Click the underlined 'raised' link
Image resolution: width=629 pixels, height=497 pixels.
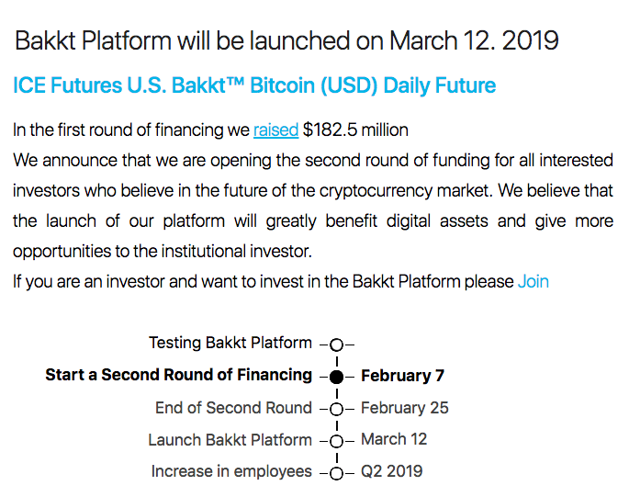click(276, 130)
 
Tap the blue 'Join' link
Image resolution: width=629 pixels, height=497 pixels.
click(534, 281)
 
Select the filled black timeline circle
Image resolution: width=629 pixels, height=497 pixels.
click(337, 377)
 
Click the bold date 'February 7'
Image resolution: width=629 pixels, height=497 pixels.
click(402, 376)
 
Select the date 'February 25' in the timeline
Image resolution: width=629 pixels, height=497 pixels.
click(404, 408)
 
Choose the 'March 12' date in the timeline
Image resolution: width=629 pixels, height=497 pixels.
click(394, 439)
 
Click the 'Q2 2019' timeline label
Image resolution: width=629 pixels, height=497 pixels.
click(391, 471)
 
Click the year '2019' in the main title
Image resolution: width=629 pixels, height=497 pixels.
click(530, 40)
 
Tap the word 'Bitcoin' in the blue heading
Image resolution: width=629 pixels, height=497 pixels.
click(283, 85)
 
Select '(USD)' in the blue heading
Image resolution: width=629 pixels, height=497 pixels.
click(349, 86)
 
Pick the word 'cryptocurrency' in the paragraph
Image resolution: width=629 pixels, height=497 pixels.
click(376, 191)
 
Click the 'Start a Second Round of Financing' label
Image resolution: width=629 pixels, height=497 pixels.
click(178, 375)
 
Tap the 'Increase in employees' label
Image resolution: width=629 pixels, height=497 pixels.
click(231, 471)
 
